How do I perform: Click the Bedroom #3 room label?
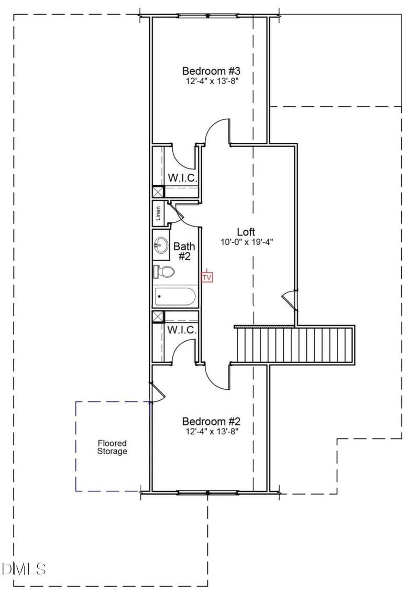(211, 71)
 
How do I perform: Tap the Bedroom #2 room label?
(211, 421)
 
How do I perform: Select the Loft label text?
(246, 232)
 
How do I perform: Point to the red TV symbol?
(207, 277)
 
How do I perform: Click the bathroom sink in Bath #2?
(161, 244)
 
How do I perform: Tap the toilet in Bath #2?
(164, 272)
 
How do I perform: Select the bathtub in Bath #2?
(175, 297)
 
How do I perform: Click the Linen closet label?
(158, 213)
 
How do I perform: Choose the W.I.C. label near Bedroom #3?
(182, 178)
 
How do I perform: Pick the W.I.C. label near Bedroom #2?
(182, 330)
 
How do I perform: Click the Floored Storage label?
(112, 447)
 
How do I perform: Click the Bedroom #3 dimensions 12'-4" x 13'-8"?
(211, 81)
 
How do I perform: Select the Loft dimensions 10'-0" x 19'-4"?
(247, 242)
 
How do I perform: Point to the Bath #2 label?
(184, 251)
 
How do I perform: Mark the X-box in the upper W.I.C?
(158, 192)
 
